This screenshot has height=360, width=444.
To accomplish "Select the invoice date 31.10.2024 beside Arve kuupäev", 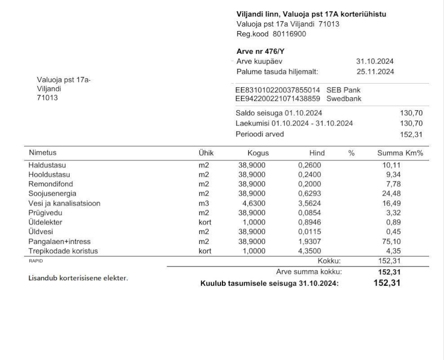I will pos(375,62).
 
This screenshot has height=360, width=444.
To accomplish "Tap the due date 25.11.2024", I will pos(375,72).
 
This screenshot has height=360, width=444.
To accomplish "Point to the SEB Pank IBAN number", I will pos(277,90).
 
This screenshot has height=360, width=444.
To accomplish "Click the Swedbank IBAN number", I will pos(277,99).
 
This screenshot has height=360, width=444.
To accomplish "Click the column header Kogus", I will pos(258,153).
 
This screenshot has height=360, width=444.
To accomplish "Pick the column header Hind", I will pos(317,153).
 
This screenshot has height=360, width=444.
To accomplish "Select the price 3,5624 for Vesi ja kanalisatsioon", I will pos(310,203).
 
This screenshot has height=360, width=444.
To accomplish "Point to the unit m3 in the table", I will pos(204,203).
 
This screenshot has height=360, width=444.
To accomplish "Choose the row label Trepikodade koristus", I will pos(63,251).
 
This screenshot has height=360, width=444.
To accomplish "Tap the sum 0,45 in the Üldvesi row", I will pos(394,232).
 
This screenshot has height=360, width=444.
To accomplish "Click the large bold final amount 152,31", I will pos(387,283).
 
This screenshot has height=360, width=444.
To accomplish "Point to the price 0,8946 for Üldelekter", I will pos(310,222).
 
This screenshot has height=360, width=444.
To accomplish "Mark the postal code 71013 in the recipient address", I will pos(47,98).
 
